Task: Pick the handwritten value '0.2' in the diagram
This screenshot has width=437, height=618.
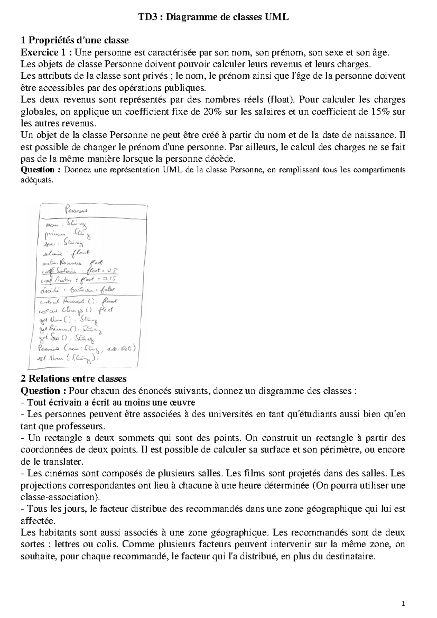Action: click(114, 270)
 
